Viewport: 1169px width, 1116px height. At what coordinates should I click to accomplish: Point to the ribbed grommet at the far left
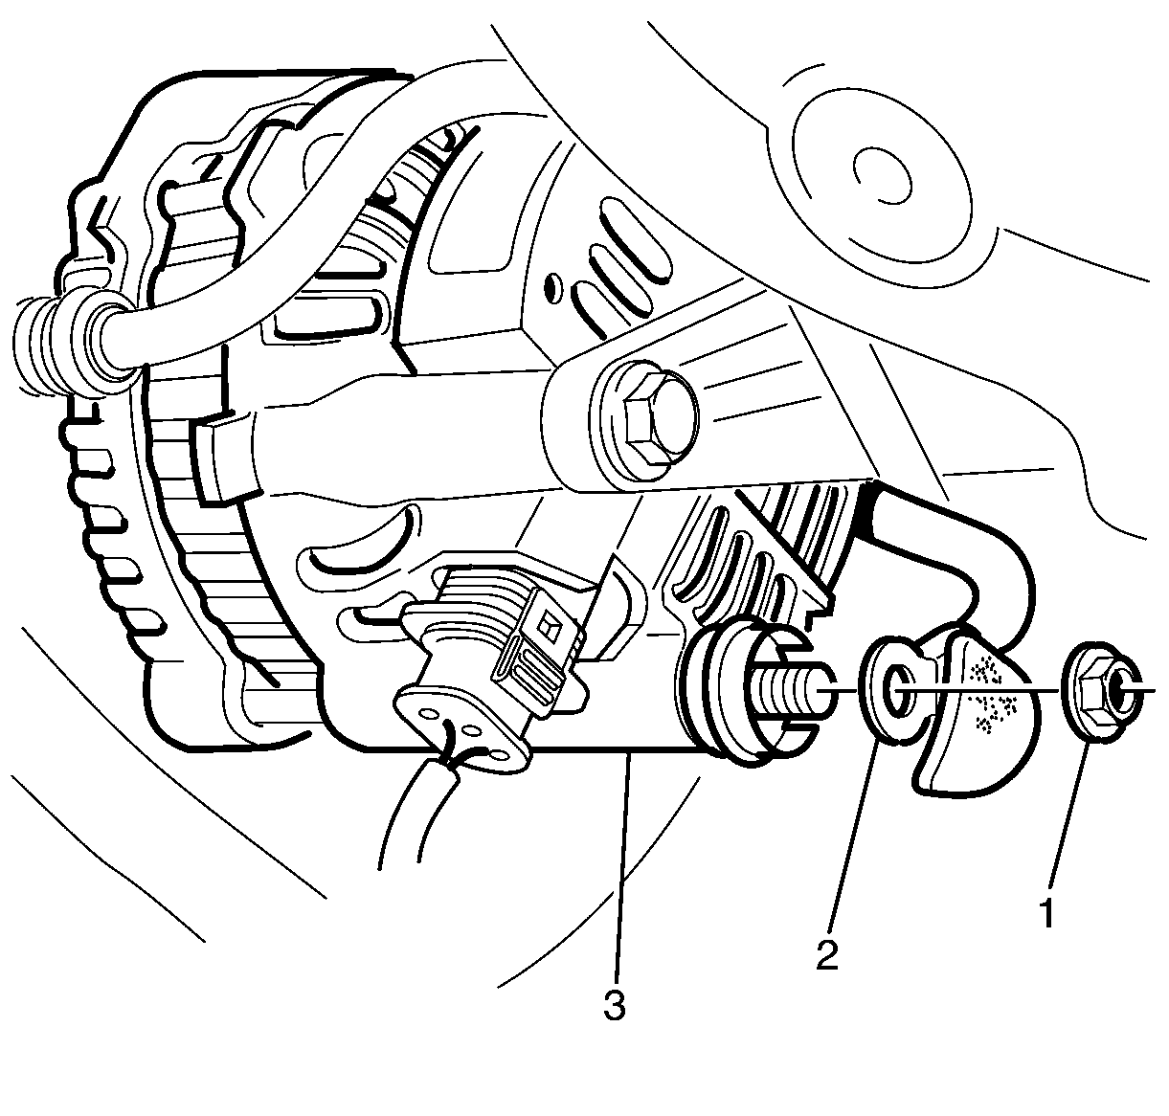pos(72,348)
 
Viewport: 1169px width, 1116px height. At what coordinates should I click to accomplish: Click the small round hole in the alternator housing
pos(551,288)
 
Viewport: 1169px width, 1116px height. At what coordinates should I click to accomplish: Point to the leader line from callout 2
pos(853,834)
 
